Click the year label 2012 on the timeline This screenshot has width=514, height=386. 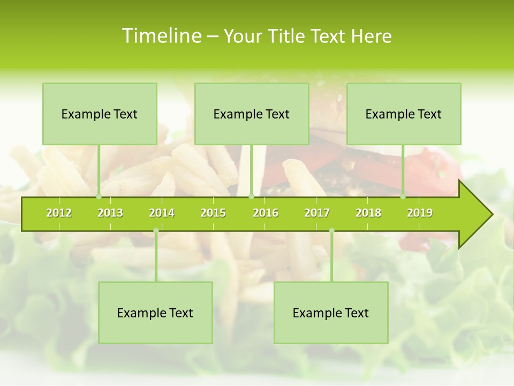(x=59, y=213)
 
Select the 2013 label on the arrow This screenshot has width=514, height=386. (x=110, y=213)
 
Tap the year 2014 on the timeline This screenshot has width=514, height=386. (x=162, y=213)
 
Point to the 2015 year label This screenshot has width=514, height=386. (x=213, y=213)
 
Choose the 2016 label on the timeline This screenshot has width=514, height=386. (x=266, y=213)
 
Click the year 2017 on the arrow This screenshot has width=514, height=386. (x=317, y=213)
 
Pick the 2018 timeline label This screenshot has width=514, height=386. (x=368, y=213)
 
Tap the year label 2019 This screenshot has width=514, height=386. (x=420, y=213)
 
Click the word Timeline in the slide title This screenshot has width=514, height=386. (x=161, y=36)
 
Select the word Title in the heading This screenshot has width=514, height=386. (x=289, y=36)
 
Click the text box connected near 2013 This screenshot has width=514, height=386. (x=100, y=114)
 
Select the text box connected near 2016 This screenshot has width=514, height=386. (x=252, y=114)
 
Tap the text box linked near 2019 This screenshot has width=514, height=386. (x=404, y=114)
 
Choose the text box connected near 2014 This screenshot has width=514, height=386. (x=155, y=313)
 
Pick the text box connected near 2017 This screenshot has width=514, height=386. (x=331, y=313)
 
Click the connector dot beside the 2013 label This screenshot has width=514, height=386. (x=99, y=197)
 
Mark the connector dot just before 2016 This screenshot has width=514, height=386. (x=251, y=197)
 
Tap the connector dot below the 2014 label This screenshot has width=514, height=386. (x=156, y=231)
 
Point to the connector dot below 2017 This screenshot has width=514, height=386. (x=331, y=231)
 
